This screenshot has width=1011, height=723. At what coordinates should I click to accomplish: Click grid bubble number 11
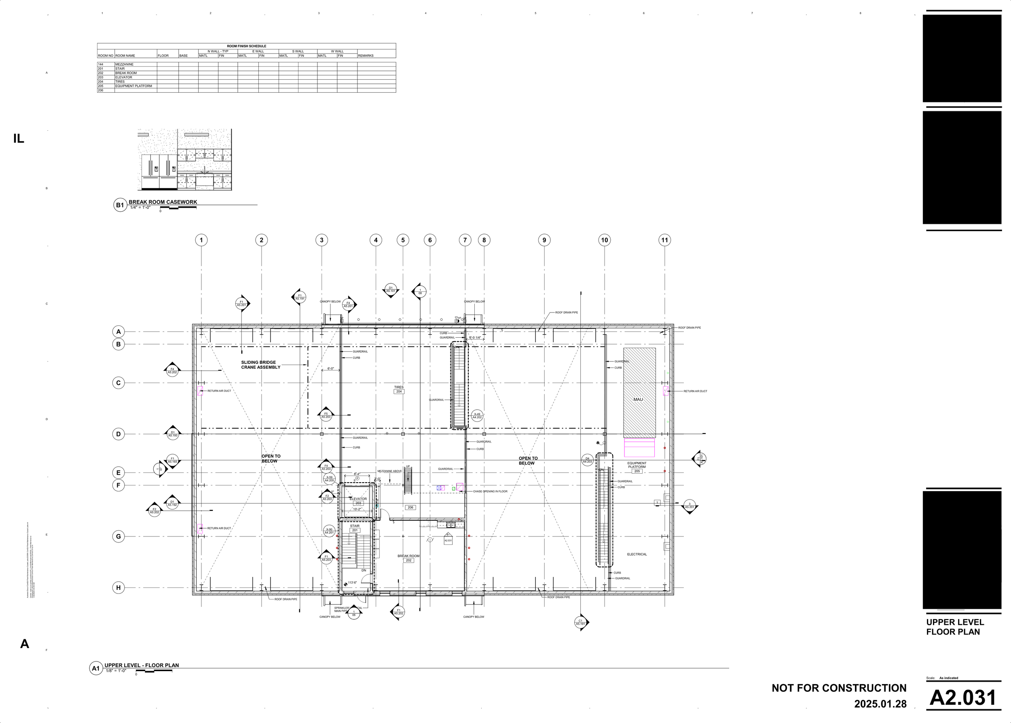tap(664, 240)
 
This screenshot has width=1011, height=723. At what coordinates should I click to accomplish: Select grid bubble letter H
tap(118, 588)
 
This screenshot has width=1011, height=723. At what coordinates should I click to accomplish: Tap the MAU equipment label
tap(638, 399)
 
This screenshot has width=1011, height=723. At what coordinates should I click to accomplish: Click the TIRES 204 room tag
tap(399, 389)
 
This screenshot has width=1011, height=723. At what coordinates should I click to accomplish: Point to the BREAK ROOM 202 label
tap(408, 558)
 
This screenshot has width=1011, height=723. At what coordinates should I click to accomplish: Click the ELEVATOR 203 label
tap(358, 501)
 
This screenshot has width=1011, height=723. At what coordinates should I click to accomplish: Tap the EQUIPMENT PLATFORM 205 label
tap(637, 467)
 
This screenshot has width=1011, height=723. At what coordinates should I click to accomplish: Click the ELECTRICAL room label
tap(637, 554)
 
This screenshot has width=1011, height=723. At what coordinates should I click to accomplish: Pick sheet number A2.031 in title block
tap(963, 697)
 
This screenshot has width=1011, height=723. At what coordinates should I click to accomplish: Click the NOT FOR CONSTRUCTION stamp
tap(839, 688)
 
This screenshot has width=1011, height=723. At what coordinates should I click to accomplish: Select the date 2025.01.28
tap(880, 704)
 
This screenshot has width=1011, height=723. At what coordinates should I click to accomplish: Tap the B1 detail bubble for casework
tap(120, 205)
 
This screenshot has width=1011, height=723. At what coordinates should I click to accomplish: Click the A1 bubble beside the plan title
tap(95, 668)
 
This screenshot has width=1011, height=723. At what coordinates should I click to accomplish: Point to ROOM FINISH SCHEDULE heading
tap(246, 46)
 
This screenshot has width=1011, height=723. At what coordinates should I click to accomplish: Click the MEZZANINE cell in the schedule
tap(125, 64)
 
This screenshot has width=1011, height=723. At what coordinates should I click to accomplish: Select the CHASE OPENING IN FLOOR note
tap(490, 491)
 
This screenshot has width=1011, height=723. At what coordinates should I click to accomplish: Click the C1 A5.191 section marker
tap(580, 622)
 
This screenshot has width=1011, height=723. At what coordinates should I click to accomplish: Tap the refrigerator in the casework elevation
tap(159, 171)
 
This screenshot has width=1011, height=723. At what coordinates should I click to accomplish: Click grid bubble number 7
tap(465, 240)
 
